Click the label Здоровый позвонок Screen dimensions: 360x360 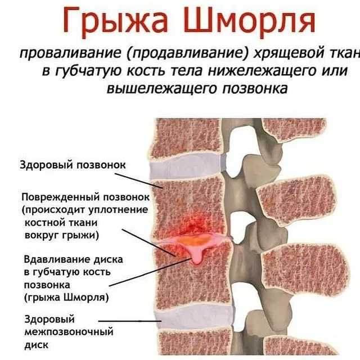pyautogui.click(x=73, y=165)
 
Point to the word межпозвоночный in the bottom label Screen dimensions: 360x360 pyautogui.click(x=69, y=331)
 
